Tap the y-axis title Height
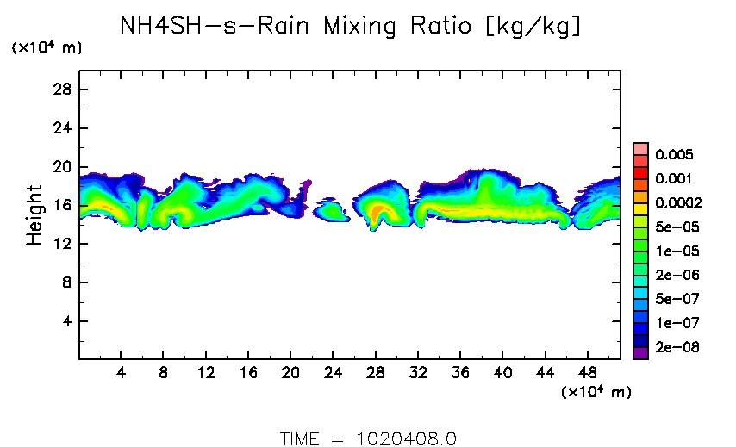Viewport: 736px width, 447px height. (34, 214)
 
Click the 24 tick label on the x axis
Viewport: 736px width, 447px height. (334, 372)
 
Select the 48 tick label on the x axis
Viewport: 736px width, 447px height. (588, 372)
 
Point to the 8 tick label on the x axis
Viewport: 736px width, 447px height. (163, 372)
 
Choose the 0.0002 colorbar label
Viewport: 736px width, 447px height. (677, 203)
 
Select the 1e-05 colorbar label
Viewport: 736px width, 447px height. (674, 251)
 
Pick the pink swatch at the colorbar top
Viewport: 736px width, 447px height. (640, 148)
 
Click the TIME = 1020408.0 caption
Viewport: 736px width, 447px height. (368, 438)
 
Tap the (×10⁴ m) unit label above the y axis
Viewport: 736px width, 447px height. (47, 48)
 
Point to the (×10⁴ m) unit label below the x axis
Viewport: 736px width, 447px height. (596, 393)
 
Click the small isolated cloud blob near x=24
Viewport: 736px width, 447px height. (330, 211)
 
